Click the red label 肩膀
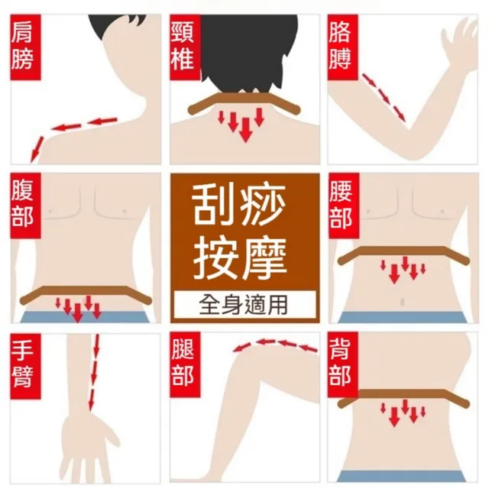point(25,47)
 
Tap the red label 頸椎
point(185,47)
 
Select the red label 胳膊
point(343,47)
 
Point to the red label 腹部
point(25,206)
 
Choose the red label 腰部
point(344,206)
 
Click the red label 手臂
point(25,366)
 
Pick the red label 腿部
point(185,365)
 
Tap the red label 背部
point(343,365)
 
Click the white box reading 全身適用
point(244,305)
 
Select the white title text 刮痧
point(239,205)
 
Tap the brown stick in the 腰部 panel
point(403,254)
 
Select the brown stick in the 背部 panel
point(403,397)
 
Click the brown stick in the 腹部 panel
point(86,293)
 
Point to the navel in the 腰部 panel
point(402,302)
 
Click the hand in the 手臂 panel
point(89,449)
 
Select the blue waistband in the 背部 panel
point(403,476)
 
